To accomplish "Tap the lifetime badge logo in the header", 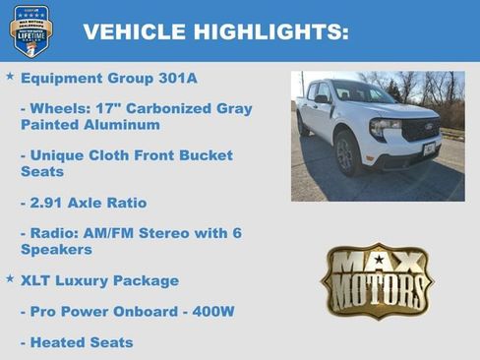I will [31, 30].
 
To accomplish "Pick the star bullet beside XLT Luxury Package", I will [10, 279].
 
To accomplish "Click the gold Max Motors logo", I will [378, 280].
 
